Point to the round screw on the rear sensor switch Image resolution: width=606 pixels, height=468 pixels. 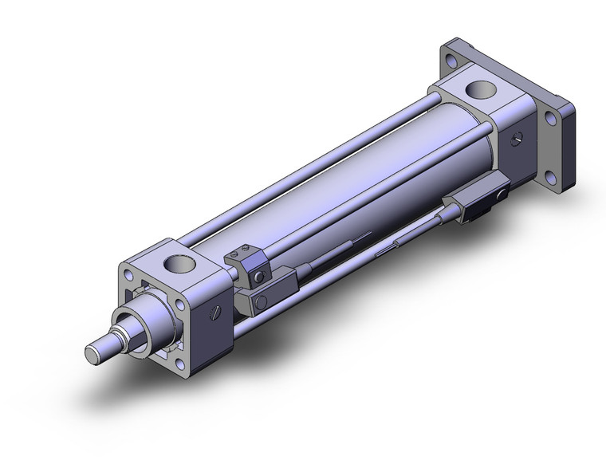pyautogui.click(x=502, y=193)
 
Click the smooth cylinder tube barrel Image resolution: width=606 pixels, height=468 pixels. pyautogui.click(x=335, y=183)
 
